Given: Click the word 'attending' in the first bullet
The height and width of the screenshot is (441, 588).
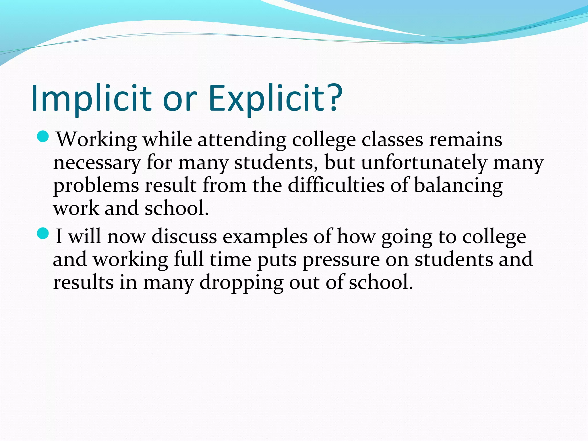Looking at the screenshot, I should click(x=242, y=140).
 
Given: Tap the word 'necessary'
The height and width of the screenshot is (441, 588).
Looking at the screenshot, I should click(x=97, y=163).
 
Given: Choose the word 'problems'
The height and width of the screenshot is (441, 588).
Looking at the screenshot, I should click(x=96, y=186).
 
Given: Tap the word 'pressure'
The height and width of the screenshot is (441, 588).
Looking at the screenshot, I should click(x=341, y=260).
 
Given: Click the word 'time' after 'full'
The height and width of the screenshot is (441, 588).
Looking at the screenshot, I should click(x=230, y=260).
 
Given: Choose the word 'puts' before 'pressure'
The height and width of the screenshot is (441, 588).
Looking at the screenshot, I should click(x=277, y=260).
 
